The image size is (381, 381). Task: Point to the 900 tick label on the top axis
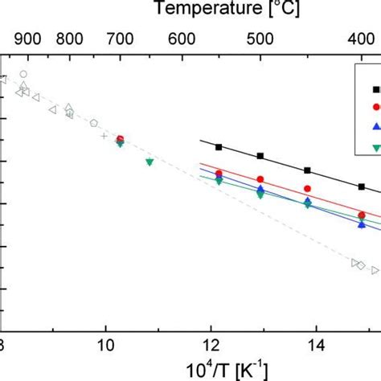coord(27,37)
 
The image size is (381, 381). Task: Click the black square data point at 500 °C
coord(260,156)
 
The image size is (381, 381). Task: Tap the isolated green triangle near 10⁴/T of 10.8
coord(149,162)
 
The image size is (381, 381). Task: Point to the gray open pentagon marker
coord(94,123)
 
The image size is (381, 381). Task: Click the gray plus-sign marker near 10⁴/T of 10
coord(104,136)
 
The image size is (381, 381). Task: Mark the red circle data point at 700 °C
coord(120,139)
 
